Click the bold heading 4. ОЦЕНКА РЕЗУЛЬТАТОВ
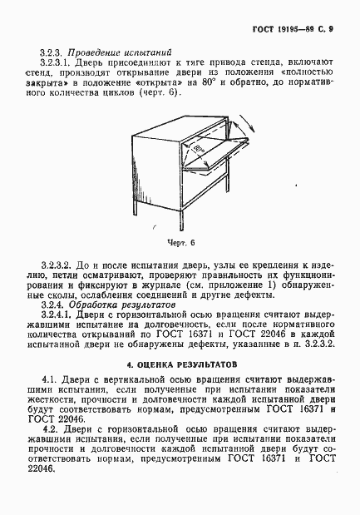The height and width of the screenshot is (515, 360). (181, 364)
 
